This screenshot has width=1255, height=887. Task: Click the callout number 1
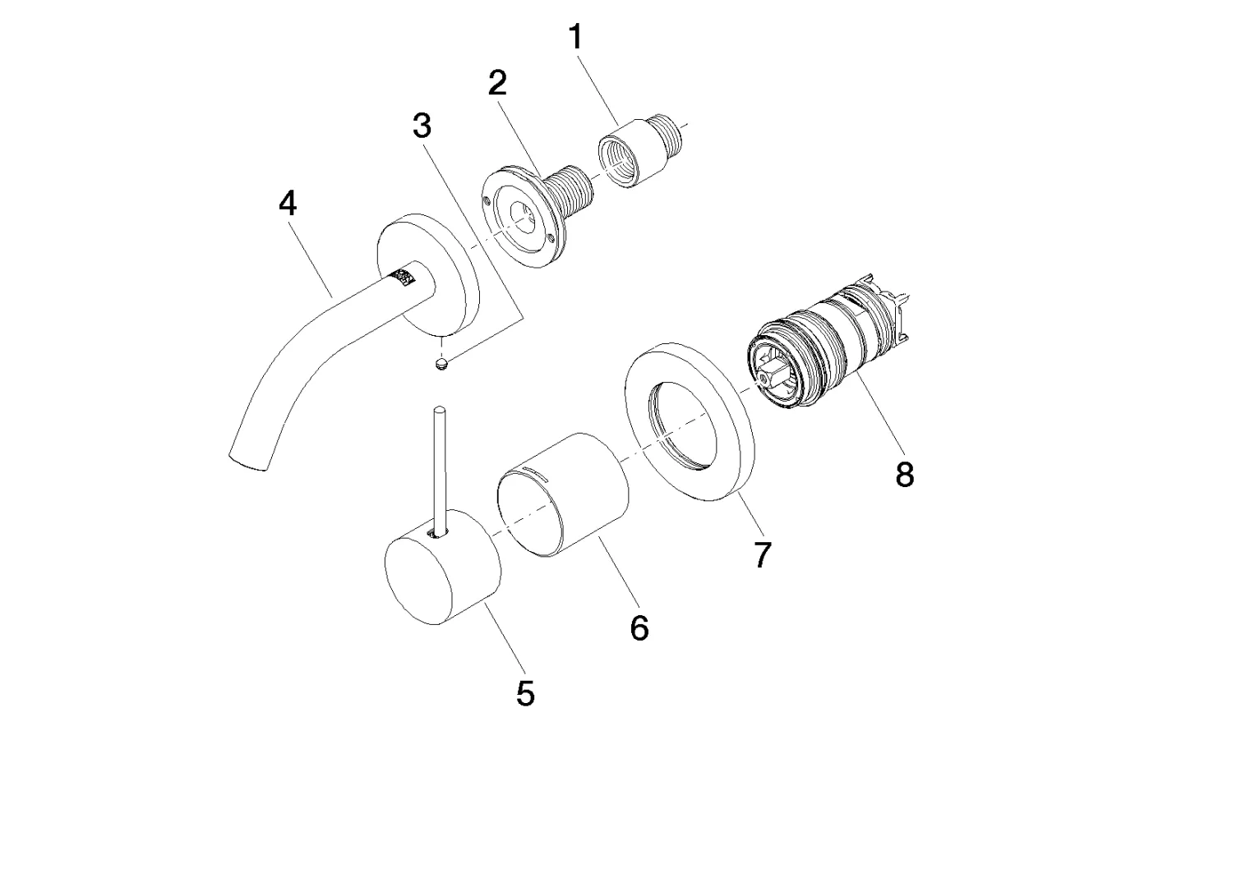[576, 37]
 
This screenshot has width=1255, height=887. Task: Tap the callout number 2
[497, 83]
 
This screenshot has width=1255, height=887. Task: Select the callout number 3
[422, 126]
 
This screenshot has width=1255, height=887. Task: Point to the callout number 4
[288, 203]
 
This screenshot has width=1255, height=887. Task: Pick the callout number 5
[525, 694]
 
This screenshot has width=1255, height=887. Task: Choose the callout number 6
[639, 627]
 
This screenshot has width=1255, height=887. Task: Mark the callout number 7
[763, 555]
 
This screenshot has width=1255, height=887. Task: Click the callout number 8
[905, 474]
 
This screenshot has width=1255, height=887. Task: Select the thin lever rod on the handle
[440, 471]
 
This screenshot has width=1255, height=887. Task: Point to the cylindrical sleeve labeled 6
[562, 494]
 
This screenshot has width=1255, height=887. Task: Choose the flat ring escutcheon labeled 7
[689, 421]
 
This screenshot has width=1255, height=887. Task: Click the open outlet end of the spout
[248, 462]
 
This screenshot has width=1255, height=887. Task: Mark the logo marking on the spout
[404, 276]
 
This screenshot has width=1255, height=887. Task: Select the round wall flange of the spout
[428, 275]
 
